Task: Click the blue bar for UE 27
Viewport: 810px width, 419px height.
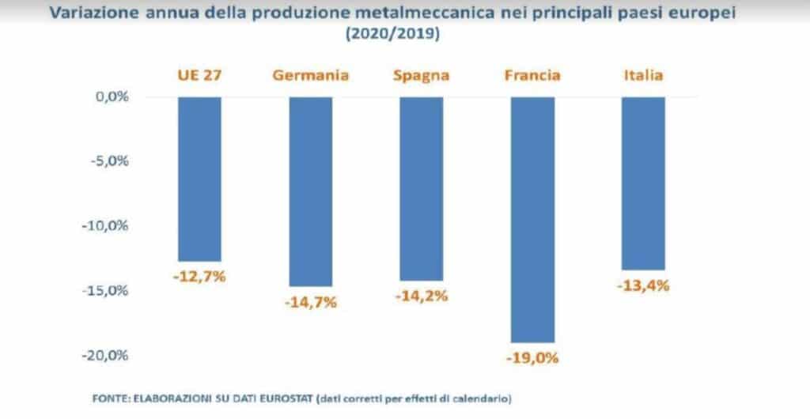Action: pos(199,179)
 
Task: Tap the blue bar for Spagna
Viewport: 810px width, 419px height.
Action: pos(422,188)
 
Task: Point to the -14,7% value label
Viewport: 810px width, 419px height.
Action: pos(311,301)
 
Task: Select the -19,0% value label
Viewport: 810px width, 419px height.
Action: pos(533,357)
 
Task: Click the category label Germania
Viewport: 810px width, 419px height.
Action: pos(311,76)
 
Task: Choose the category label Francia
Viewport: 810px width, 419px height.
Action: pos(533,76)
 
